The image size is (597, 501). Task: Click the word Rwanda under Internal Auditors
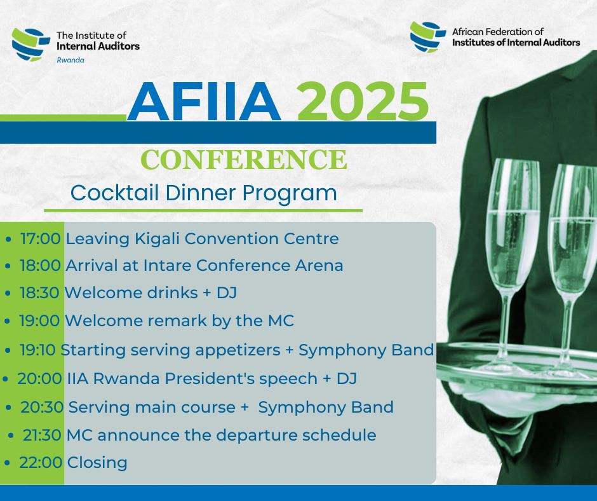(x=70, y=60)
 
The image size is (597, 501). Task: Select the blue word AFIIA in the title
(x=204, y=102)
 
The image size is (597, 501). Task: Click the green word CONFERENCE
(x=244, y=159)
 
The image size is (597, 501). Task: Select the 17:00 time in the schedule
(x=41, y=239)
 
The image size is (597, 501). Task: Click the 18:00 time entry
(x=41, y=266)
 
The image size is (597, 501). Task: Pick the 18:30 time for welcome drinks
(x=41, y=293)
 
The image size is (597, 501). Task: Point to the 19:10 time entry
(x=38, y=350)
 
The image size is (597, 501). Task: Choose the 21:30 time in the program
(x=42, y=436)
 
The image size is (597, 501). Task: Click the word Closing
(x=97, y=463)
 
